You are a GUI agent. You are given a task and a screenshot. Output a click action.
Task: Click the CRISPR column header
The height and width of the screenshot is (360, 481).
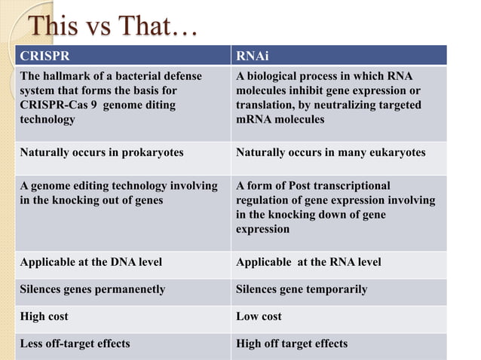coord(42,56)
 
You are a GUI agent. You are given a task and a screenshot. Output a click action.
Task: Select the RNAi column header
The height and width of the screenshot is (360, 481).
coord(250,56)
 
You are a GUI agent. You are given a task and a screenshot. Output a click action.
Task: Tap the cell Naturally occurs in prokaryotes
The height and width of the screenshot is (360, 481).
coord(102,152)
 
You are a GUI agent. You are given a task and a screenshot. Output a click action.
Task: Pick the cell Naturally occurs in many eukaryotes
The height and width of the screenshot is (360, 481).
coord(330,152)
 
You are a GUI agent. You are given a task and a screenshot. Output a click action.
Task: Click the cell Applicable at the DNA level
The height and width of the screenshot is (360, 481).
coord(91,262)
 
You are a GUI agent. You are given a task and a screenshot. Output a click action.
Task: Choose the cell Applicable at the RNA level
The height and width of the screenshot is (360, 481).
coord(308,262)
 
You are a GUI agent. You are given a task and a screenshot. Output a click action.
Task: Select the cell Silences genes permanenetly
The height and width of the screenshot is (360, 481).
coord(93,289)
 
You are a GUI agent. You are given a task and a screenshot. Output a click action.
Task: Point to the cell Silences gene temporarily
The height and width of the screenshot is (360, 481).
coord(302,289)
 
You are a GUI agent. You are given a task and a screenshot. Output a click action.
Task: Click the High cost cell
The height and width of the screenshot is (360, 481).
coord(44,316)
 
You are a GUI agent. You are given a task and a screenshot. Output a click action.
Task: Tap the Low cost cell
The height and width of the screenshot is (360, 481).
coord(259,316)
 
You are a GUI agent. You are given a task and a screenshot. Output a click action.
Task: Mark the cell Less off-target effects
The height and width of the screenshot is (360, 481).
coord(75,343)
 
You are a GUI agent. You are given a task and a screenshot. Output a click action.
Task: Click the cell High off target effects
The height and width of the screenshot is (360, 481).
coord(292,343)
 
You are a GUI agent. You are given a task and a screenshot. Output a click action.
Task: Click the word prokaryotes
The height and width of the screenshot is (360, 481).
coord(150,152)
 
